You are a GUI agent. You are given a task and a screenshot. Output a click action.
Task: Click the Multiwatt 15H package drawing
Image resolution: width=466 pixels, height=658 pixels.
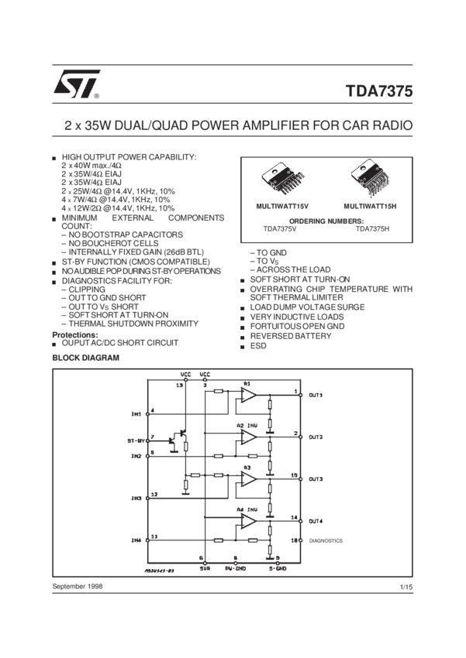371,180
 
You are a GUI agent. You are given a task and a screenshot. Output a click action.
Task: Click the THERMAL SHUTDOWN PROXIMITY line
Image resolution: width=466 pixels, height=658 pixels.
116,323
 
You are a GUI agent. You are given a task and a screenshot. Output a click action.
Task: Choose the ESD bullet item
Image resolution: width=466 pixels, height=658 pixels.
257,344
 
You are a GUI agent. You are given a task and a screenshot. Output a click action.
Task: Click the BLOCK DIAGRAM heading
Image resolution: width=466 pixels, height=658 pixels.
86,357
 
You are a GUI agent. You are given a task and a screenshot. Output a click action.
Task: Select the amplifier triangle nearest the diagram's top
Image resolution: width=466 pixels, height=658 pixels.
247,395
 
